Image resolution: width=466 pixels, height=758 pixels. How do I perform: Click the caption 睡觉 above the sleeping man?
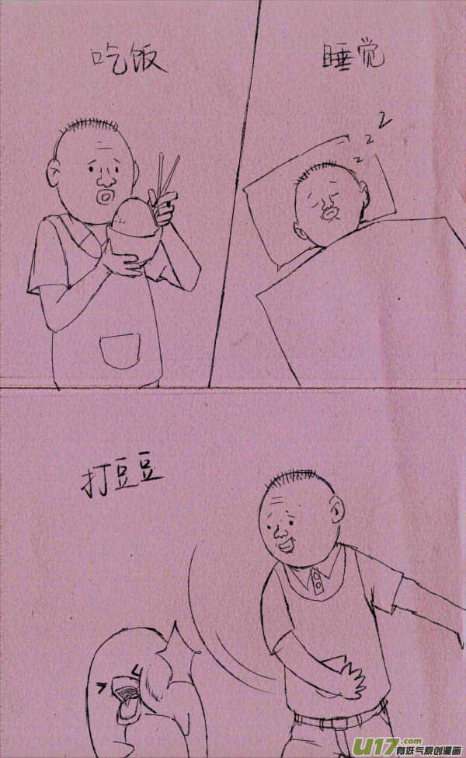click(x=353, y=56)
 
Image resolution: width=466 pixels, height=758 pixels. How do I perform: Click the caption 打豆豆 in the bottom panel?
click(x=121, y=480)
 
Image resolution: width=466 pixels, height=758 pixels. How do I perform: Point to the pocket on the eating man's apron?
click(x=120, y=351)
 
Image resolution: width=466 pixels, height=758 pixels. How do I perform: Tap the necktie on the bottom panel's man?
click(x=317, y=581)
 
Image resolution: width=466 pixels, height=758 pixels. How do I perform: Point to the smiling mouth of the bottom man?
click(x=287, y=545)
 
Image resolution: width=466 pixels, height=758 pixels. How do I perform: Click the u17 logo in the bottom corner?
click(x=406, y=746)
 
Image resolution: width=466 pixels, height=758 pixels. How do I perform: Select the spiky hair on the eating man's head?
click(x=89, y=124)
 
